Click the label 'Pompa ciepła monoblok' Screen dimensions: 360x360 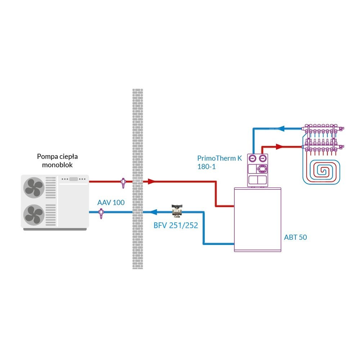point(57,161)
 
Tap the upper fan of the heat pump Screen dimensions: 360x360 point(33,188)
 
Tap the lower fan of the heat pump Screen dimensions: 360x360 point(33,215)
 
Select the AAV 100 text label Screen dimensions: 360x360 point(111,203)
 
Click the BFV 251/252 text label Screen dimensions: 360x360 point(176,226)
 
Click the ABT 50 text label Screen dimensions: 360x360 point(295,237)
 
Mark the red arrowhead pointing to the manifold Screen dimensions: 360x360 point(279,147)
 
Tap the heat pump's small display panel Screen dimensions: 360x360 point(74,179)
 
